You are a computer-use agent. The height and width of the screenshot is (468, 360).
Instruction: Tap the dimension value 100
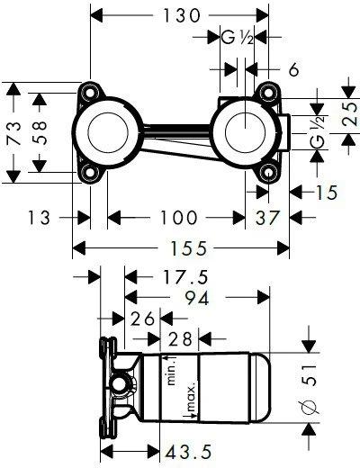(x=179, y=217)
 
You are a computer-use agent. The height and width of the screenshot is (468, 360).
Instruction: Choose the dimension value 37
(x=265, y=217)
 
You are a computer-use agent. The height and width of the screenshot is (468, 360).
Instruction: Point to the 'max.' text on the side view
(x=190, y=397)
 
